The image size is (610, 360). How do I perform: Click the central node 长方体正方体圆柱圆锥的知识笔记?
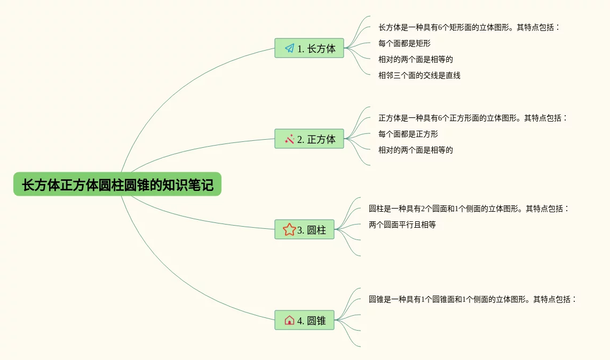coord(117,185)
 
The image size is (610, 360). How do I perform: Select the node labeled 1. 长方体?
coord(309,49)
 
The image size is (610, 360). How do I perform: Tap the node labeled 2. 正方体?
coord(309,139)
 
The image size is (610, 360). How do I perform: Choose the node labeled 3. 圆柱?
coord(304,230)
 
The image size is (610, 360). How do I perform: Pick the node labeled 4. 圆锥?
coord(304,321)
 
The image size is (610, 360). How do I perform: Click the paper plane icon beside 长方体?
coord(289,49)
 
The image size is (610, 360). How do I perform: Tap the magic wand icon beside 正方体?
coord(289,139)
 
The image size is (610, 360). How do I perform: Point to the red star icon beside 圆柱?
coord(289,230)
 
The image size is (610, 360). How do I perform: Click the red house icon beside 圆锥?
coord(289,321)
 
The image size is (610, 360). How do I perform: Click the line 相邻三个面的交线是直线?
coord(419,75)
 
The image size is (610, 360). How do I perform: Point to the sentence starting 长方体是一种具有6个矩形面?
coord(469,27)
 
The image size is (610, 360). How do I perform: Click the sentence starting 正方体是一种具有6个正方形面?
coord(473,118)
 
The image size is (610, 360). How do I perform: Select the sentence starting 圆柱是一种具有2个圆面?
coord(469,209)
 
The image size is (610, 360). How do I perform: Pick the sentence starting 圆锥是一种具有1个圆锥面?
coord(472,299)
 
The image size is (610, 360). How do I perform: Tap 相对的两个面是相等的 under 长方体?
coord(415,59)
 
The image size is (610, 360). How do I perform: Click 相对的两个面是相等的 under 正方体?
coord(415,150)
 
